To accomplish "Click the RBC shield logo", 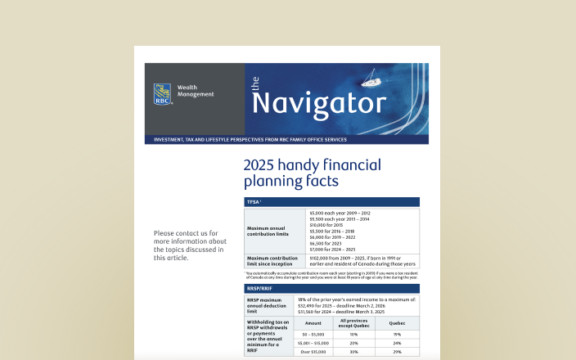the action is point(162,94).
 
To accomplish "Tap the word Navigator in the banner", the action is point(318,103).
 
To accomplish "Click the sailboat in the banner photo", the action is point(371,82).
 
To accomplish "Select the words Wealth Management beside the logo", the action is point(195,91).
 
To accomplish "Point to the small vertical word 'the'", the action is point(254,83).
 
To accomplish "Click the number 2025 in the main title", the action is point(263,164).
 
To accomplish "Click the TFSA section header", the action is point(254,201).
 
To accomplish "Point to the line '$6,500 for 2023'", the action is point(326,243).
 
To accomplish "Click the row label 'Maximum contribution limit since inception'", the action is point(269,261).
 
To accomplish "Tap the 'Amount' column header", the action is point(313,323).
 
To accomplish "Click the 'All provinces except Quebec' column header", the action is point(354,322).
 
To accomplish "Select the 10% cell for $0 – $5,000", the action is point(354,334).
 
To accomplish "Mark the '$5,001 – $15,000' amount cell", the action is point(313,343).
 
